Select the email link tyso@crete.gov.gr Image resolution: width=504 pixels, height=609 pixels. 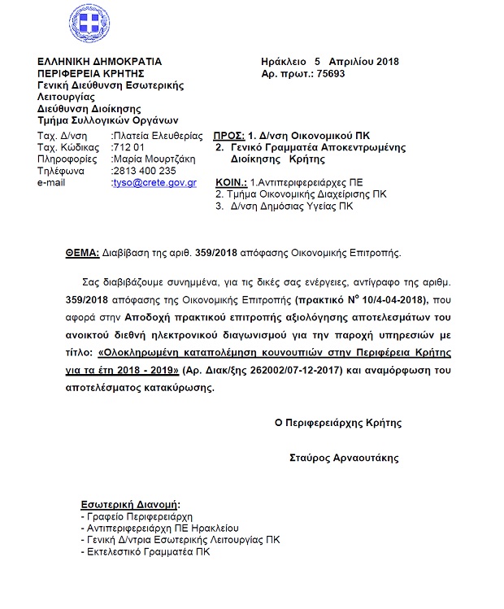pos(154,183)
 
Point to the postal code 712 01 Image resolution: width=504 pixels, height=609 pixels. pos(127,147)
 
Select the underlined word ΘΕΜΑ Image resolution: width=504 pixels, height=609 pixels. pos(82,253)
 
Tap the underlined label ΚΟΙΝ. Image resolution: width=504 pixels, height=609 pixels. pos(231,183)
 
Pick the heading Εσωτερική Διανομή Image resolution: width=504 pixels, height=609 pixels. pos(131,503)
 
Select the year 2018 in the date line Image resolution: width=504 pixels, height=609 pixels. pos(386,62)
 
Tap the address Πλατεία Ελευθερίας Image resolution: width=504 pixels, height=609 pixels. pos(157,135)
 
